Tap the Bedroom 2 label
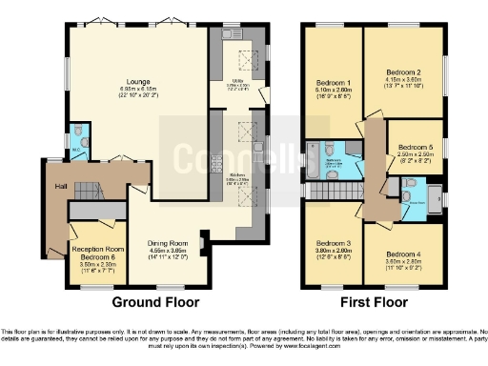click(402, 71)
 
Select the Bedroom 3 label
click(333, 242)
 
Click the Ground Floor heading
click(155, 302)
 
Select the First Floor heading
click(373, 302)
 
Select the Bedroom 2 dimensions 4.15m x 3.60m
click(402, 82)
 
